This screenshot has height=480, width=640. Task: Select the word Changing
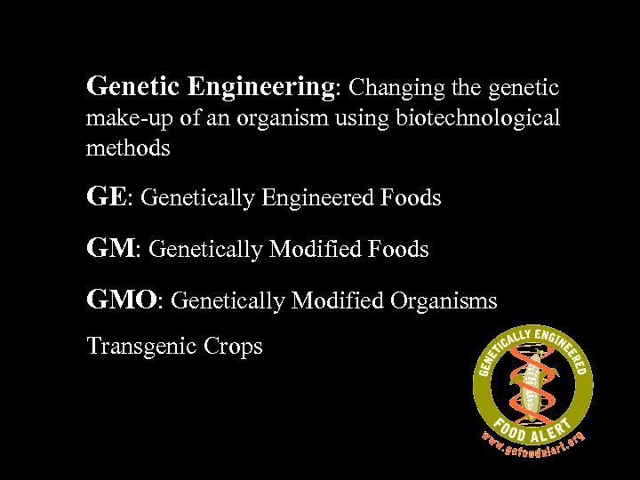[x=388, y=87]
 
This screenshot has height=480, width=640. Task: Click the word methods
[x=127, y=148]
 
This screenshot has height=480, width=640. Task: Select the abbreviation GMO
[x=121, y=301]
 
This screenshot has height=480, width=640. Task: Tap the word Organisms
[x=443, y=302]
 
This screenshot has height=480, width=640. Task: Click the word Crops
[x=234, y=346]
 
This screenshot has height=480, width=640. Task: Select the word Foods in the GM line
[x=396, y=251]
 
